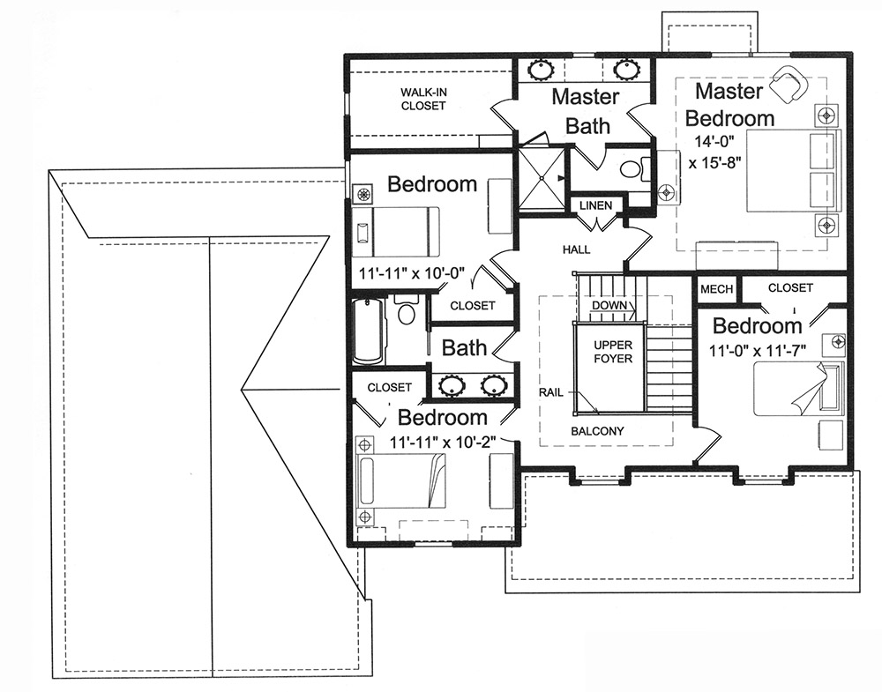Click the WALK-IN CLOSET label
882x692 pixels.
(423, 99)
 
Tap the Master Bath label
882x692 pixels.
(587, 111)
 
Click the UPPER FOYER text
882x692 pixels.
(612, 352)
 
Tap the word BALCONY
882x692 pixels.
(597, 431)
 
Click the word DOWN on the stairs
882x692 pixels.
(609, 305)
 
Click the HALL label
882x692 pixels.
(576, 250)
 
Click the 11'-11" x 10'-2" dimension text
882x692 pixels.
(442, 441)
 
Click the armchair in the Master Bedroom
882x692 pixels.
(788, 85)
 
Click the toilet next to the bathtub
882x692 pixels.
(407, 313)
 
